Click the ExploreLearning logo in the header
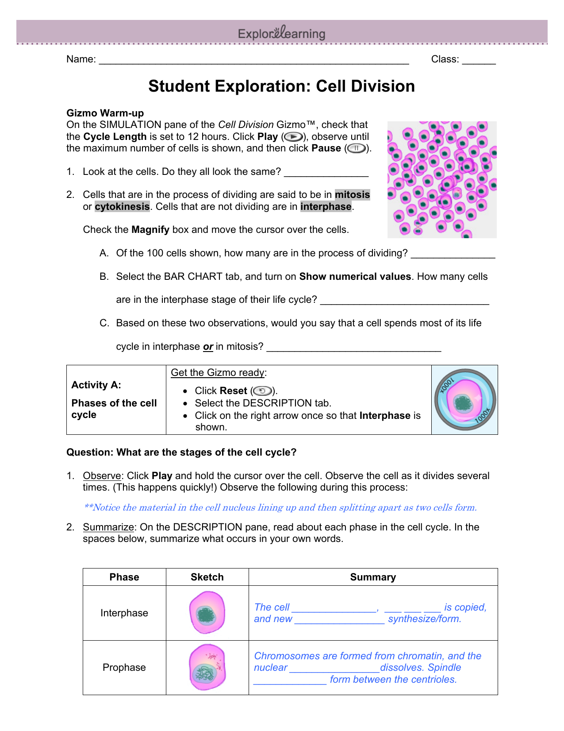(x=282, y=34)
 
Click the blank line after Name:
(x=253, y=60)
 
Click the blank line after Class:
(x=479, y=60)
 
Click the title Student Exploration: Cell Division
(x=282, y=86)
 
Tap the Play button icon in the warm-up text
(x=293, y=137)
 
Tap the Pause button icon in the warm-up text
(x=357, y=148)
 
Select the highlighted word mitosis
(x=352, y=195)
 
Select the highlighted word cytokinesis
(x=122, y=207)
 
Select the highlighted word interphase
(x=326, y=207)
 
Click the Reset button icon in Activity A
(x=263, y=391)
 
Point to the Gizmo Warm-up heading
(x=105, y=113)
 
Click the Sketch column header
(x=207, y=577)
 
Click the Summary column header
(x=373, y=577)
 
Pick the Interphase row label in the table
(x=124, y=613)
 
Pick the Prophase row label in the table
(x=124, y=667)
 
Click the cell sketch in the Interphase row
(x=207, y=613)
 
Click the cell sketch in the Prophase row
(x=207, y=668)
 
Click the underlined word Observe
(x=102, y=476)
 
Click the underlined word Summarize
(x=108, y=527)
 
